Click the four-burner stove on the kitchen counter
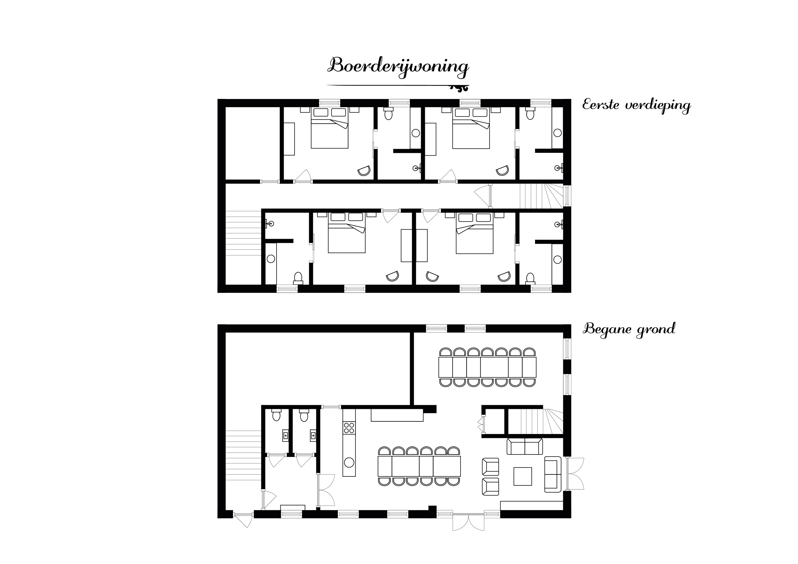pyautogui.click(x=349, y=428)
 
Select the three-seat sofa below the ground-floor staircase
pyautogui.click(x=525, y=447)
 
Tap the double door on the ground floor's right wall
pyautogui.click(x=574, y=474)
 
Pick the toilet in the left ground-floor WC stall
pyautogui.click(x=276, y=415)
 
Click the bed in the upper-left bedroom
pyautogui.click(x=329, y=128)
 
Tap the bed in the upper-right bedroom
pyautogui.click(x=471, y=128)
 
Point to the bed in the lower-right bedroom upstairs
pyautogui.click(x=475, y=233)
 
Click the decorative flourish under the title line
pyautogui.click(x=460, y=89)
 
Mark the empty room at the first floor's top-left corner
pyautogui.click(x=253, y=143)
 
